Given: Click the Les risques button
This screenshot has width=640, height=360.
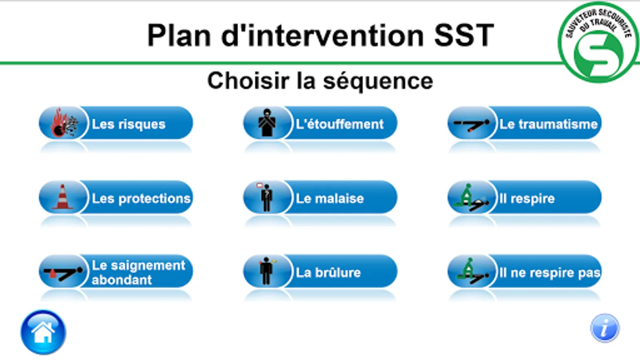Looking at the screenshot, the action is click(116, 124).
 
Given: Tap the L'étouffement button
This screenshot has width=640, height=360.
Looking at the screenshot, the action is click(320, 124).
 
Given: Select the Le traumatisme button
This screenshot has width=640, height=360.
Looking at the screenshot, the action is click(524, 124).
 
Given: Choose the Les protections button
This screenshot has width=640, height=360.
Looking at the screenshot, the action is click(116, 198).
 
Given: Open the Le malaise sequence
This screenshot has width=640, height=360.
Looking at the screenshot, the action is click(320, 198).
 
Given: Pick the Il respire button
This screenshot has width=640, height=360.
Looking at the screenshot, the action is click(524, 198).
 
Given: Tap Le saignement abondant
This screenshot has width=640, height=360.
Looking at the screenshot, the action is click(116, 272).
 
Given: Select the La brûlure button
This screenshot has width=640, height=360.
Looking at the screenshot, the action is click(320, 272).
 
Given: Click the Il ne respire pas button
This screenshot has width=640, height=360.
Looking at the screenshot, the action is click(524, 272).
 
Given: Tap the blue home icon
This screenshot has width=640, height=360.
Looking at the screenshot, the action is click(43, 332).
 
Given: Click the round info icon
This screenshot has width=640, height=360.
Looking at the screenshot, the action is click(605, 328).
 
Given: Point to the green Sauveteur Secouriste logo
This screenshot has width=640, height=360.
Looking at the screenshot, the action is click(598, 42).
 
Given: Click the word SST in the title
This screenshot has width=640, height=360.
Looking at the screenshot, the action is click(464, 36).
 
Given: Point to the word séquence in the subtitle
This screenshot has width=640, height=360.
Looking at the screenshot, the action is click(378, 82).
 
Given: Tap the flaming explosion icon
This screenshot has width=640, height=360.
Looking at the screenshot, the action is click(64, 123).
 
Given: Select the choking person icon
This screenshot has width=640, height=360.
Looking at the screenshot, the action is click(267, 123).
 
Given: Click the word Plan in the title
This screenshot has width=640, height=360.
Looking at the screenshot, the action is click(179, 36).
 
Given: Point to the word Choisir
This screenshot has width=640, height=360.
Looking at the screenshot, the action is click(248, 81).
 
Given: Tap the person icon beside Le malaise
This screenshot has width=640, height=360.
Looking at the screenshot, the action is click(266, 197).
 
